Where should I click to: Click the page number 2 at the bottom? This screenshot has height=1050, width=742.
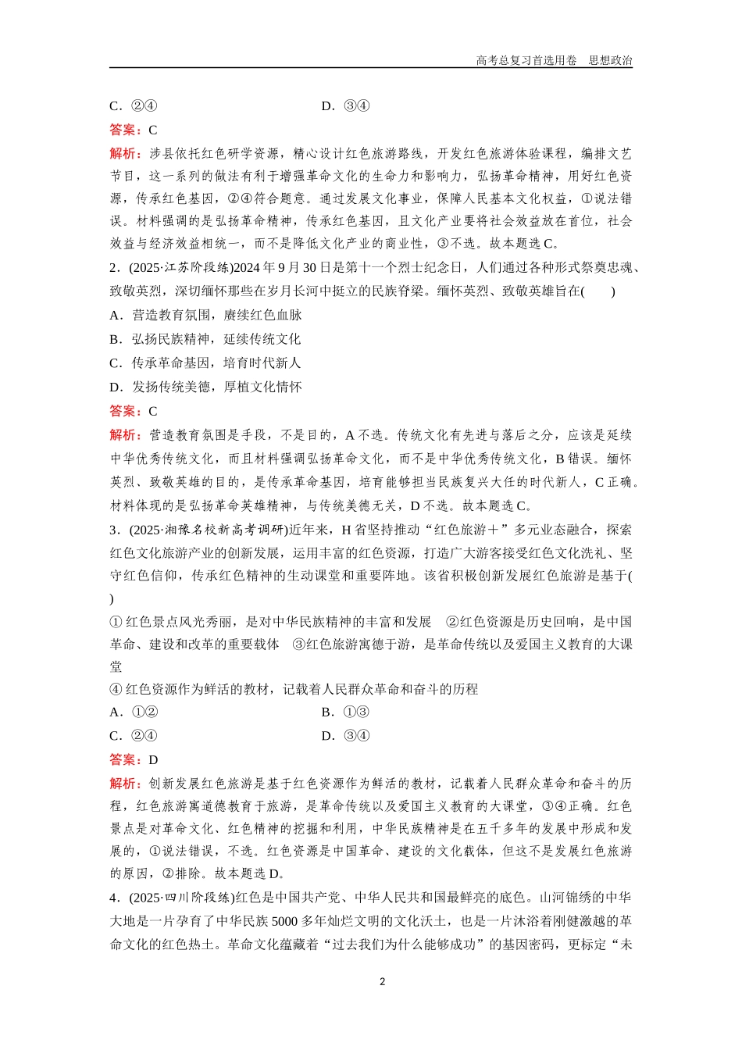pos(382,981)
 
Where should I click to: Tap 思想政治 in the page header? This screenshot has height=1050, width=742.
pos(610,60)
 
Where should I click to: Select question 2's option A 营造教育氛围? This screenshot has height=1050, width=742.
pos(206,315)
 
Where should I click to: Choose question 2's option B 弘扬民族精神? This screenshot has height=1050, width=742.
pos(205,339)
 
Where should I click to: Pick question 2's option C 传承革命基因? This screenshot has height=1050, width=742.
pos(205,363)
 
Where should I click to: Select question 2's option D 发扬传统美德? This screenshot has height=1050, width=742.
pos(206,387)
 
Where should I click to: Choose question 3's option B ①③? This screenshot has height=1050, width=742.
pos(345,712)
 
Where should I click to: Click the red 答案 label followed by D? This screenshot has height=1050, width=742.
pos(125,759)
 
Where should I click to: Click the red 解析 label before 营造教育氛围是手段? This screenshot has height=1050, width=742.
pos(125,435)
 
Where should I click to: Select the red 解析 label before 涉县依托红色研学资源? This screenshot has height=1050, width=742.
pos(125,153)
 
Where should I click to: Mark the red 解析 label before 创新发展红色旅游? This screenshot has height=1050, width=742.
pos(125,783)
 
